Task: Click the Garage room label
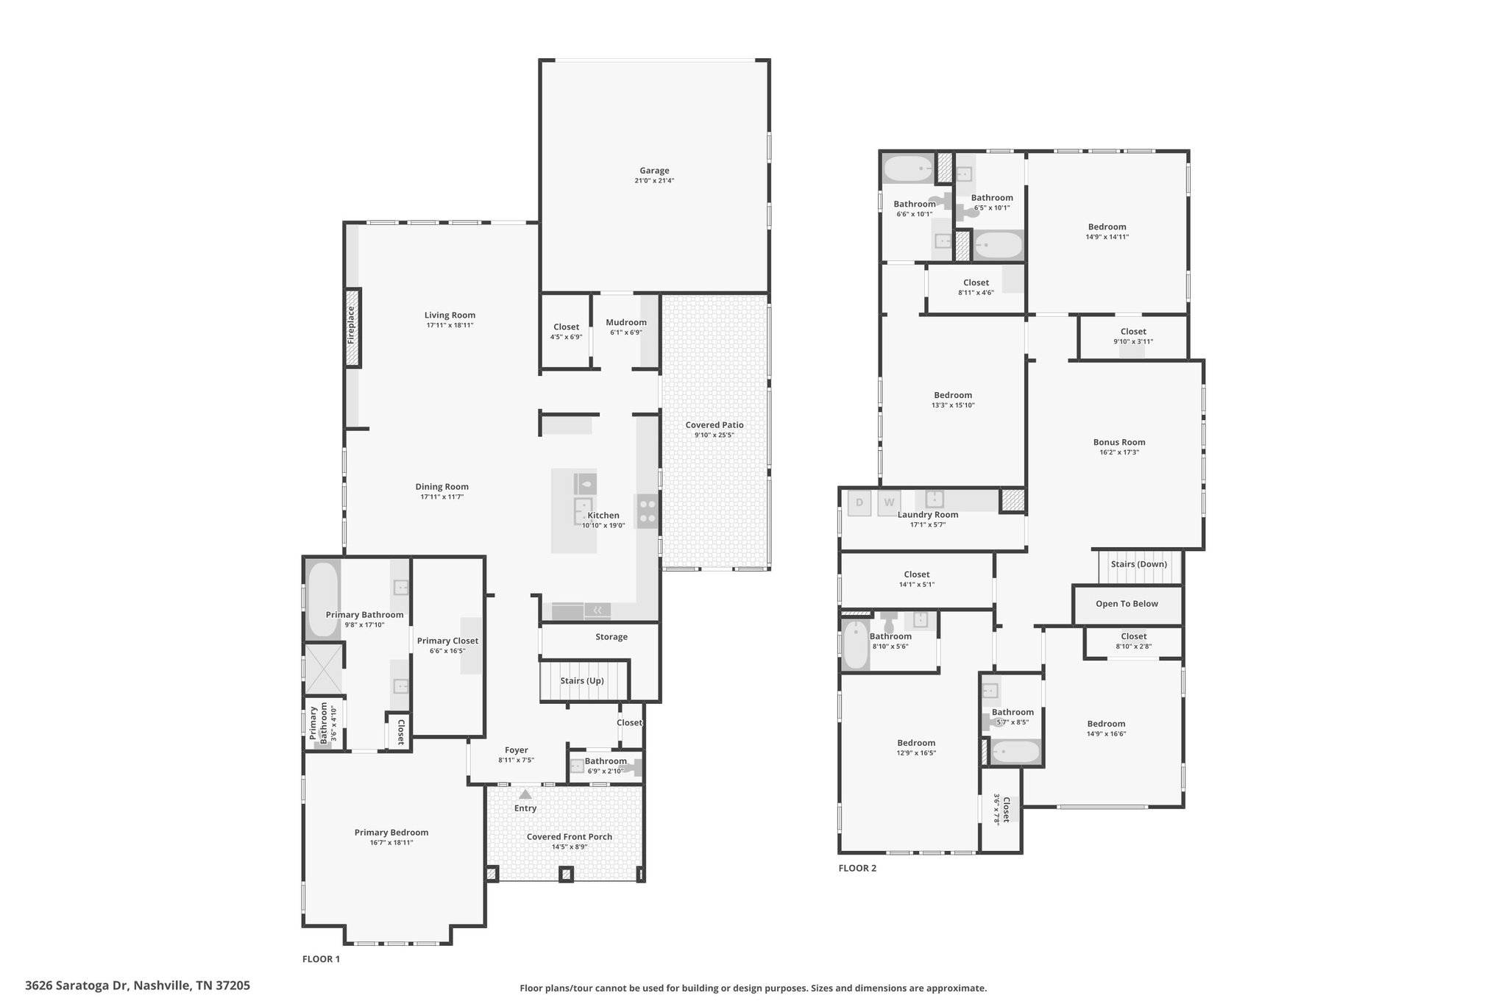click(654, 171)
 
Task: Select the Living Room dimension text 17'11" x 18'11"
click(450, 325)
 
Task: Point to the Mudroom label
click(626, 322)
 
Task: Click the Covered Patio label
click(715, 425)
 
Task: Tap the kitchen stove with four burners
click(648, 511)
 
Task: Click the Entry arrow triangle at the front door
click(525, 794)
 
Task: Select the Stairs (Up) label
click(582, 681)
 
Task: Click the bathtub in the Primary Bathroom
click(322, 599)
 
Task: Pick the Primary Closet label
click(447, 641)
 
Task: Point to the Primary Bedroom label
click(391, 833)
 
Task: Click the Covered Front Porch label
click(570, 837)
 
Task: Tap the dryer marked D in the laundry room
click(859, 503)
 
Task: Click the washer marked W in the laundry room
click(889, 503)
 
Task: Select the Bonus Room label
click(1119, 443)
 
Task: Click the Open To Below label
click(1127, 604)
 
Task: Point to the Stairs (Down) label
click(1139, 564)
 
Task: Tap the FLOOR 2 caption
click(857, 868)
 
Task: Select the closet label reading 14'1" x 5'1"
click(917, 585)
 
